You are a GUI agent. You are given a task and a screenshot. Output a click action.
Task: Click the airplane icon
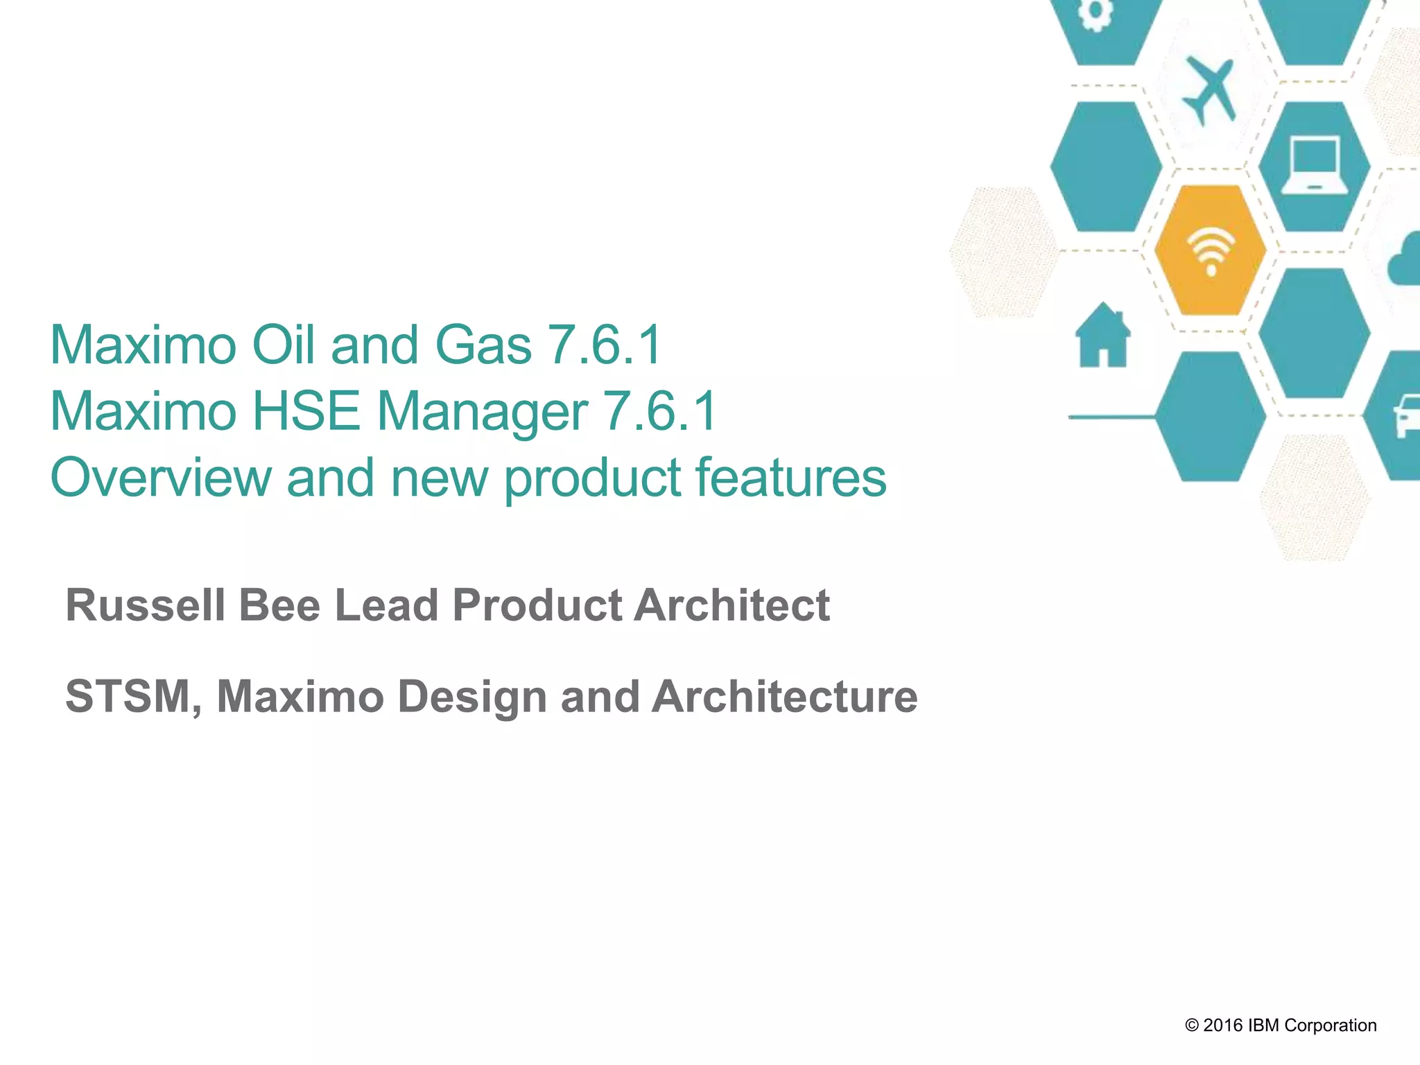click(1210, 91)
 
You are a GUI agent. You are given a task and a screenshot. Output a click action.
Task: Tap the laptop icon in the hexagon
click(1314, 166)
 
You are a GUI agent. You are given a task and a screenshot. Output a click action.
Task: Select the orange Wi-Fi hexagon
click(1211, 250)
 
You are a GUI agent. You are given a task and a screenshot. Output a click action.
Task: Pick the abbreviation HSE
click(306, 410)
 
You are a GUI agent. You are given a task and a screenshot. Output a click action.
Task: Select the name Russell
click(146, 605)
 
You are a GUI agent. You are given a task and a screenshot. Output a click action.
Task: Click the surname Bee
click(280, 605)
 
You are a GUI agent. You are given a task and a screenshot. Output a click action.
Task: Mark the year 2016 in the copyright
click(1224, 1025)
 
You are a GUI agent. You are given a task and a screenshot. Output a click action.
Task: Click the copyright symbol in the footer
click(1192, 1025)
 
